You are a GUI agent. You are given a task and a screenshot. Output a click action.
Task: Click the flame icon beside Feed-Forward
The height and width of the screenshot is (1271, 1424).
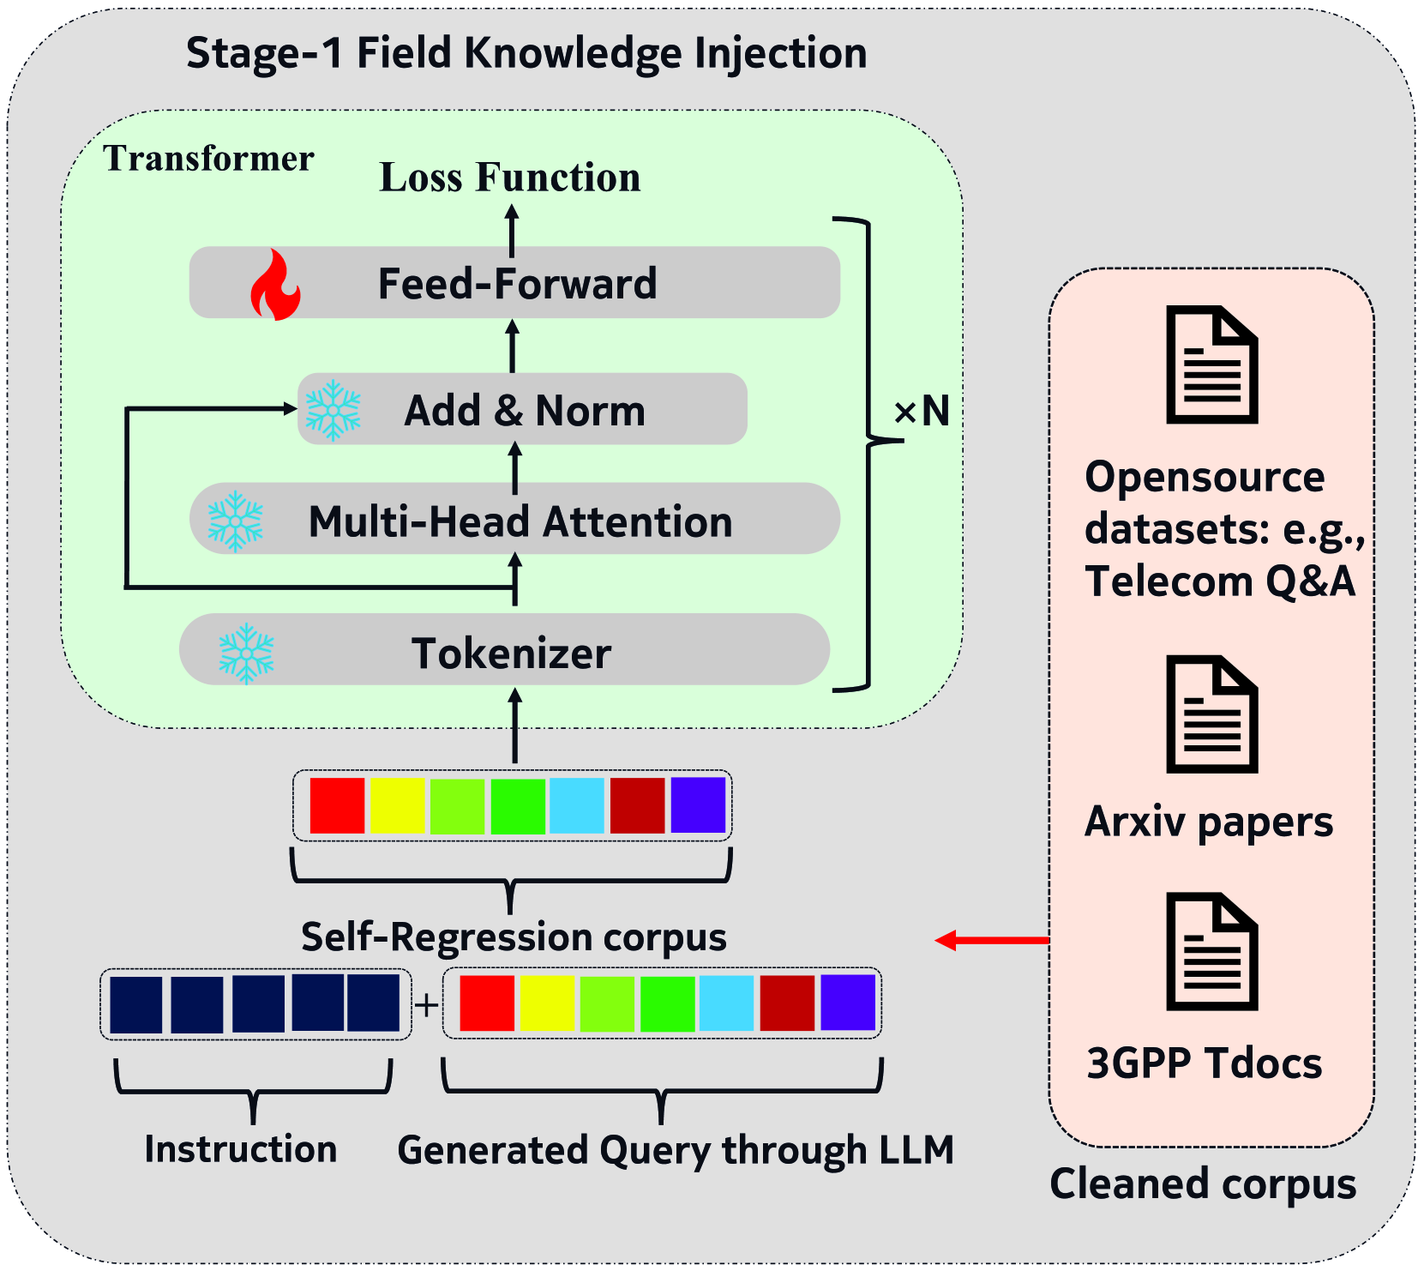coord(275,285)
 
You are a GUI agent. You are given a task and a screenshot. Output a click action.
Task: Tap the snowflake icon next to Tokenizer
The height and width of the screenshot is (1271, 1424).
coord(246,654)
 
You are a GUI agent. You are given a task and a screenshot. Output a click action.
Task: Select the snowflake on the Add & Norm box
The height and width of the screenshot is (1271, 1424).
coord(333,410)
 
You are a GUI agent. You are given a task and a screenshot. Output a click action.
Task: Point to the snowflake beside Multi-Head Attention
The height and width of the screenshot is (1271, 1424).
coord(236,521)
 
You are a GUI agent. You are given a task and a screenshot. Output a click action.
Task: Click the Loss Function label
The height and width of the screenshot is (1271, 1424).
coord(510,178)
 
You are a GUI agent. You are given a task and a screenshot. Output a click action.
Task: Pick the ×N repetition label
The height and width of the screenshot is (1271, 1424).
coord(922,411)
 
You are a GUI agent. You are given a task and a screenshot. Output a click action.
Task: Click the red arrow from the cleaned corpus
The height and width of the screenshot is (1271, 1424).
coord(991,941)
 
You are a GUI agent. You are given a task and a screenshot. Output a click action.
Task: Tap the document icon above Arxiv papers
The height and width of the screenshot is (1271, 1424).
coord(1212,714)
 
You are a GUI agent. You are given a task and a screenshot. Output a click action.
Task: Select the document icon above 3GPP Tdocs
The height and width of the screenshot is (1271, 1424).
coord(1212,952)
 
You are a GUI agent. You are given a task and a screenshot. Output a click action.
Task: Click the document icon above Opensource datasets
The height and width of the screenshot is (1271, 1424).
coord(1212,364)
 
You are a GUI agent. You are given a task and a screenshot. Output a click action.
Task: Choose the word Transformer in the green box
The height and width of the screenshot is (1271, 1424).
coord(209,159)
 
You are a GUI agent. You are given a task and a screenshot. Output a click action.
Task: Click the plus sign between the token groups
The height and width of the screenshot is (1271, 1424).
coord(426,1004)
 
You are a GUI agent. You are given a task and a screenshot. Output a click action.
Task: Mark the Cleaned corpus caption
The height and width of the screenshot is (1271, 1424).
coord(1203,1184)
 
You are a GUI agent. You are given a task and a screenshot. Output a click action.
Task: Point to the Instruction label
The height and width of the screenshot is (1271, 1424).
coord(241,1149)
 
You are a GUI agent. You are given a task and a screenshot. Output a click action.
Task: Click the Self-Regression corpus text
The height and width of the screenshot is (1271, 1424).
coord(514,937)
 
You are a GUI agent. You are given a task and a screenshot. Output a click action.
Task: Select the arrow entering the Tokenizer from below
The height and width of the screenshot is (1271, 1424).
coord(514,725)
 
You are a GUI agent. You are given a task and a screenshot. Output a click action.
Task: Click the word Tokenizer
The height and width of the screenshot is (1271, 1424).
coord(512,654)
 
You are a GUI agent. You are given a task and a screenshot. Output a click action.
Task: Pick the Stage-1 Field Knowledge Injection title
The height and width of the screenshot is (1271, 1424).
coord(526,53)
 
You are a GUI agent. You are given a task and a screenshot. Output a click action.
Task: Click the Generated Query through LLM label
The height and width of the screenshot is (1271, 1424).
coord(676,1150)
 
